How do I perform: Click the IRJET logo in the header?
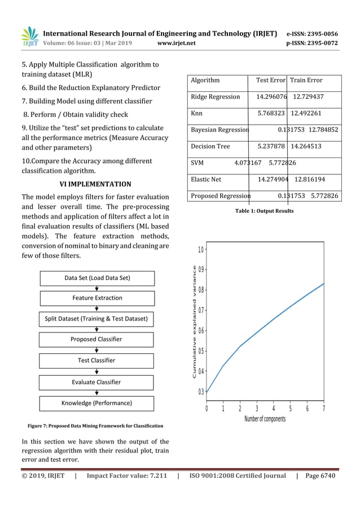tap(29, 37)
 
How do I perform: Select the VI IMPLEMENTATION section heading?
tap(95, 184)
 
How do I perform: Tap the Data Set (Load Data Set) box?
tap(97, 278)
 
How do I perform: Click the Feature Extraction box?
tap(97, 298)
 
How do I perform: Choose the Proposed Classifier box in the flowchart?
tap(96, 339)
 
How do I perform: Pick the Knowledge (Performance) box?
tap(96, 403)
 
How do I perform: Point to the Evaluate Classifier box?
tap(96, 382)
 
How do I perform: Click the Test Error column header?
tap(271, 81)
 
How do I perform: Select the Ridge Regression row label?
tap(215, 97)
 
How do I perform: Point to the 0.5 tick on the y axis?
tap(201, 351)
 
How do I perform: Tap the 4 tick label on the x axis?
tap(274, 409)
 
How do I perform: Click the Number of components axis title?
tap(265, 419)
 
